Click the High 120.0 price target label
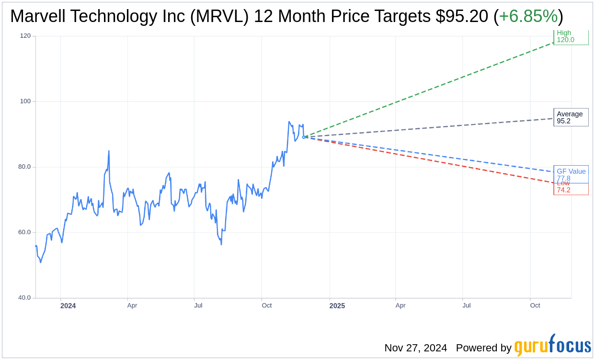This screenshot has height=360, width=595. click(571, 37)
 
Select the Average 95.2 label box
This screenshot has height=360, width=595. click(571, 117)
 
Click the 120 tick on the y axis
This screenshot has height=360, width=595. click(25, 36)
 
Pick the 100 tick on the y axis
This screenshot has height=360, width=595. click(25, 101)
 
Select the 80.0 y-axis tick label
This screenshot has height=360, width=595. click(25, 167)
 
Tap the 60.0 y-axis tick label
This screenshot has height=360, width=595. click(25, 232)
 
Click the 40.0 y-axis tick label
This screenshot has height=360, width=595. click(25, 298)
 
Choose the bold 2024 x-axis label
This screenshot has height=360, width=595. click(68, 305)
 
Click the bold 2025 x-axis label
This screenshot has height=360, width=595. click(337, 305)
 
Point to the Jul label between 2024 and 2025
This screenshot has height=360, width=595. click(198, 305)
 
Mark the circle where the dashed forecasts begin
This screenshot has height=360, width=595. click(304, 137)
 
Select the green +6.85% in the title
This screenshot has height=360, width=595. click(528, 16)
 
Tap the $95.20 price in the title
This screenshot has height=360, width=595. click(462, 16)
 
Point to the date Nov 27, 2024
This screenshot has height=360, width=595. click(415, 348)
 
